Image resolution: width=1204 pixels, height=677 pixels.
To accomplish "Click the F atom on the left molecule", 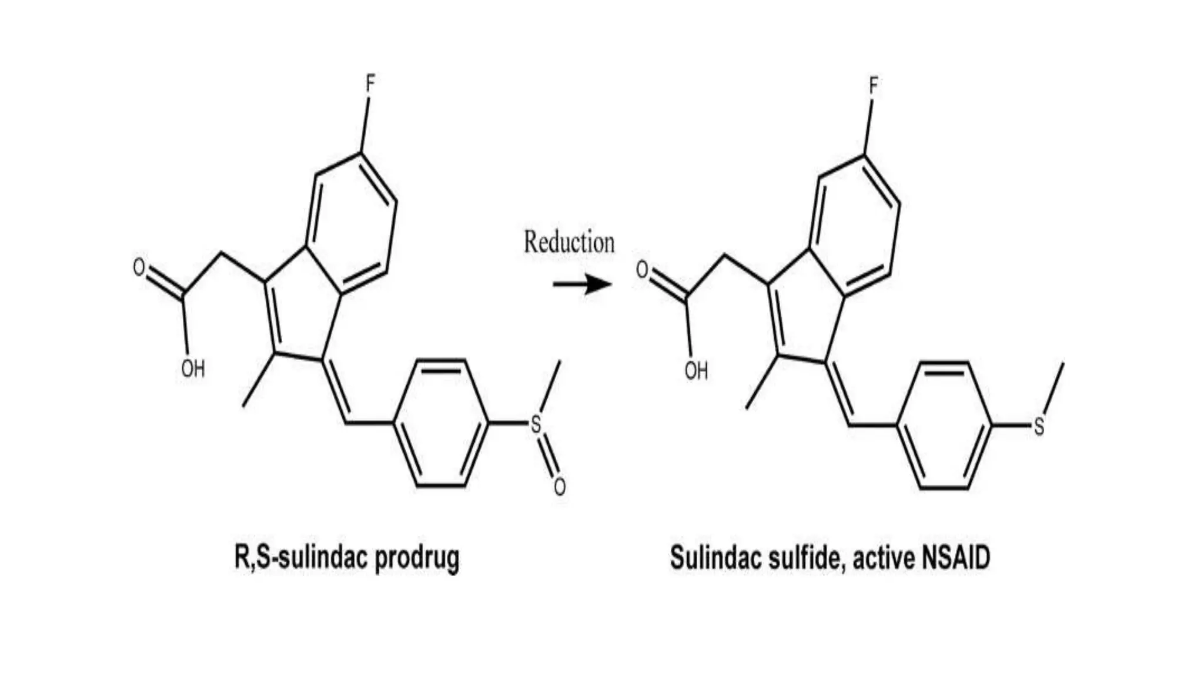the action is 370,84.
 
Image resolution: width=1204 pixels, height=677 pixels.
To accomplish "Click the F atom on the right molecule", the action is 873,87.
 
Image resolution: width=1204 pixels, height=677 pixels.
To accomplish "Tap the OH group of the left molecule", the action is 193,369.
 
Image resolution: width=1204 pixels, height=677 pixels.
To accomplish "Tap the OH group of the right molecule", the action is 696,371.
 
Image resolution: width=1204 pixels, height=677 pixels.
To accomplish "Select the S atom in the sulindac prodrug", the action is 536,424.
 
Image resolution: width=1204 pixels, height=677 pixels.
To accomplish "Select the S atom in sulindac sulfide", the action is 1039,427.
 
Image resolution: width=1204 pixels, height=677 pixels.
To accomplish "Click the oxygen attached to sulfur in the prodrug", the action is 560,487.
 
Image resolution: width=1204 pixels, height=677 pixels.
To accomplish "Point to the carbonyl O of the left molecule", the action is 139,267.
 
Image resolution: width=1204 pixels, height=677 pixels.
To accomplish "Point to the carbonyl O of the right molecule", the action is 642,270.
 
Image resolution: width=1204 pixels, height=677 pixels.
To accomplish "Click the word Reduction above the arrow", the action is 568,242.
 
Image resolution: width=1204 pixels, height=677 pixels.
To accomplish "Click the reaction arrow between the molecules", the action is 581,284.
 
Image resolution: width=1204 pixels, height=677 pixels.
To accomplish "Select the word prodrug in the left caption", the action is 417,558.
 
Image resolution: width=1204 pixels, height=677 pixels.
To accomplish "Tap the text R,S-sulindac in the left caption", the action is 301,558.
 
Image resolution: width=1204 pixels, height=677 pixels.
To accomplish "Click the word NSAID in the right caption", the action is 956,558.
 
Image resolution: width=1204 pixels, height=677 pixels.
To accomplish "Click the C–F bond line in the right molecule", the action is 868,127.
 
